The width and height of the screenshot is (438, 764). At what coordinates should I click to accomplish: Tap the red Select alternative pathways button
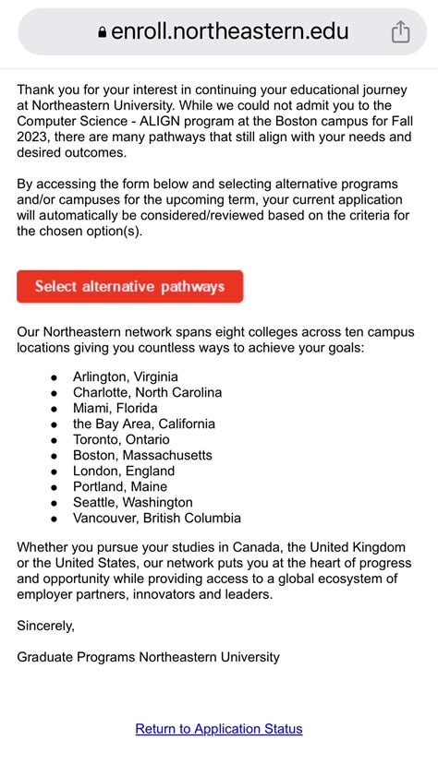(x=129, y=286)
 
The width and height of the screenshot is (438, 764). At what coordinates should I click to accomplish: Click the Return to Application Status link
(x=219, y=729)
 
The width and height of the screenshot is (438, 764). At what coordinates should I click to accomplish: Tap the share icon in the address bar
(x=400, y=32)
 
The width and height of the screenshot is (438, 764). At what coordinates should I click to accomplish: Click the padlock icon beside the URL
(x=102, y=33)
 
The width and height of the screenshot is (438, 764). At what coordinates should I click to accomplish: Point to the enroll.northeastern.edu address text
(x=230, y=32)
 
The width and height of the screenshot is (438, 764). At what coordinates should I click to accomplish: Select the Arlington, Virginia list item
(x=126, y=376)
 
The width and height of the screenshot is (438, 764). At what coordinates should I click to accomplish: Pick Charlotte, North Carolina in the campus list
(x=148, y=392)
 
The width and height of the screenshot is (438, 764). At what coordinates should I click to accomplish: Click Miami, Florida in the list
(x=116, y=408)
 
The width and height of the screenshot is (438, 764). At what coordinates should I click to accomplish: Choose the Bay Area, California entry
(x=144, y=424)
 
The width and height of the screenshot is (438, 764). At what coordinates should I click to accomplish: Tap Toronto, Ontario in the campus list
(x=122, y=439)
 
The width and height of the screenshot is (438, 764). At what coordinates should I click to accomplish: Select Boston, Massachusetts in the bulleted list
(x=143, y=455)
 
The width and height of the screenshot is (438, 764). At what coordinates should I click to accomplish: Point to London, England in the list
(x=124, y=471)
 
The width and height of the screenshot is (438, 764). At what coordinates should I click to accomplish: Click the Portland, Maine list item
(x=120, y=486)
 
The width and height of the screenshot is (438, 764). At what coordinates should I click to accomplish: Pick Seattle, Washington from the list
(x=133, y=502)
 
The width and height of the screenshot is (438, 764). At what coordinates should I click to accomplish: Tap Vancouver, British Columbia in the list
(x=157, y=518)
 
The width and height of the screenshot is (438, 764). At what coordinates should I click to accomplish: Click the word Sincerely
(x=45, y=626)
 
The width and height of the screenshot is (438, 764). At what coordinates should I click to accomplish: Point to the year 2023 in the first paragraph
(x=35, y=137)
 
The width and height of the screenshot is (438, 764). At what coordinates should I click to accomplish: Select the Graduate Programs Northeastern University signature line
(x=148, y=657)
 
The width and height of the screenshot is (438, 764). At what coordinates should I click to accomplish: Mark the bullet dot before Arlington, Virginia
(x=54, y=377)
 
